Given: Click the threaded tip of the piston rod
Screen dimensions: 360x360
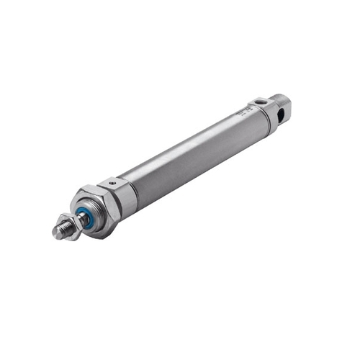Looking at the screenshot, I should [63, 230].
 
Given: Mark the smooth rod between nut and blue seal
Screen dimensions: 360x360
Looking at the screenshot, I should [80, 219].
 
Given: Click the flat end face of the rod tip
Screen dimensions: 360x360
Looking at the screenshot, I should [56, 232].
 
